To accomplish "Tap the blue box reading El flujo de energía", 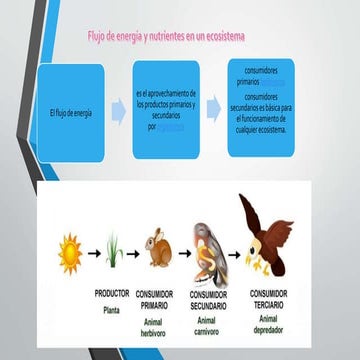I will tap(71, 112).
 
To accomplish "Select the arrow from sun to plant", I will tap(91, 253).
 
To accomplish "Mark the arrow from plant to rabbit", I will tap(134, 253).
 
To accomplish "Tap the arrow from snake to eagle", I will tap(231, 253).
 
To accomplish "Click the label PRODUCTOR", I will tap(112, 295).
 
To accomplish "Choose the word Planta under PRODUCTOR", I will tap(111, 311).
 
